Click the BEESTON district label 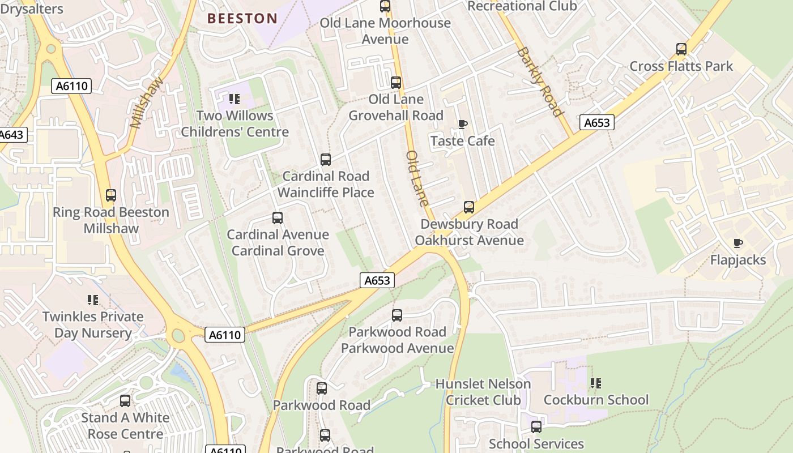pos(242,18)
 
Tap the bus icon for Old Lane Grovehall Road pos(396,83)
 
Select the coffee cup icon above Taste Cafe pos(463,124)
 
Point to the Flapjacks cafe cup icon pos(737,243)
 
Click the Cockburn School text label pos(596,400)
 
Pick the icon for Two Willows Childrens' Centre pos(235,100)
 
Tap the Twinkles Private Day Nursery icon pos(93,300)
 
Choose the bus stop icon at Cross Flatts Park pos(681,49)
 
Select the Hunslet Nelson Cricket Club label pos(483,392)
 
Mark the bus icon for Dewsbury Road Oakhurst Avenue pos(469,207)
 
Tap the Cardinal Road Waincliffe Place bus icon pos(326,160)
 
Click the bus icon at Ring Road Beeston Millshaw pos(111,195)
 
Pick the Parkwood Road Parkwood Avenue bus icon pos(397,315)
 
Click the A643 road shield pos(11,135)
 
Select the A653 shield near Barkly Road pos(597,123)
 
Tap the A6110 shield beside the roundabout pos(225,335)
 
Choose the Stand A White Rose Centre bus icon pos(125,401)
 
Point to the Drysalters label pos(32,9)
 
